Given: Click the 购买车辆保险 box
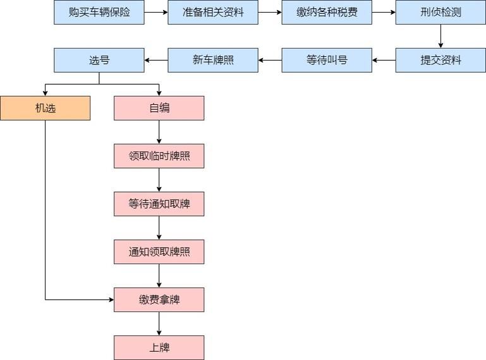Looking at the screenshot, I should click(99, 12).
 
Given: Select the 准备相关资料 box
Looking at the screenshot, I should click(212, 12).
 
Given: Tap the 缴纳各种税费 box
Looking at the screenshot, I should click(327, 12).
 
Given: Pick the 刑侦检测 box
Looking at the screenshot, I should click(440, 12).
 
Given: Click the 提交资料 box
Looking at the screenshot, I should click(440, 60).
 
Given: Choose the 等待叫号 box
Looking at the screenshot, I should click(327, 60).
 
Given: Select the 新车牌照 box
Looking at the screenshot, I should click(212, 60).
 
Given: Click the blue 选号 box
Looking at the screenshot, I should click(99, 60).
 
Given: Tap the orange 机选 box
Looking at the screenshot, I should click(45, 108).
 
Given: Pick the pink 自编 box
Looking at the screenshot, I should click(159, 108).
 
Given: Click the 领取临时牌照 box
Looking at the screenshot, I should click(159, 156).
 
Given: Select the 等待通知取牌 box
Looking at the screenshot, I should click(159, 204).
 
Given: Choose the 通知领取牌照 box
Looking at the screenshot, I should click(159, 251).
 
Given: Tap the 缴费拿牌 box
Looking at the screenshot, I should click(159, 299).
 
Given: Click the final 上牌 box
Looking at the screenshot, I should click(159, 347).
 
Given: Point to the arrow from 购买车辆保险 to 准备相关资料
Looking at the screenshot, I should click(156, 12).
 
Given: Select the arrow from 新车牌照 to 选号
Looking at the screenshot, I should click(156, 60).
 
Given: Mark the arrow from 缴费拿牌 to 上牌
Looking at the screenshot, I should click(159, 323).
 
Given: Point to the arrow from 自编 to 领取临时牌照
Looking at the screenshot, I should click(159, 132).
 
